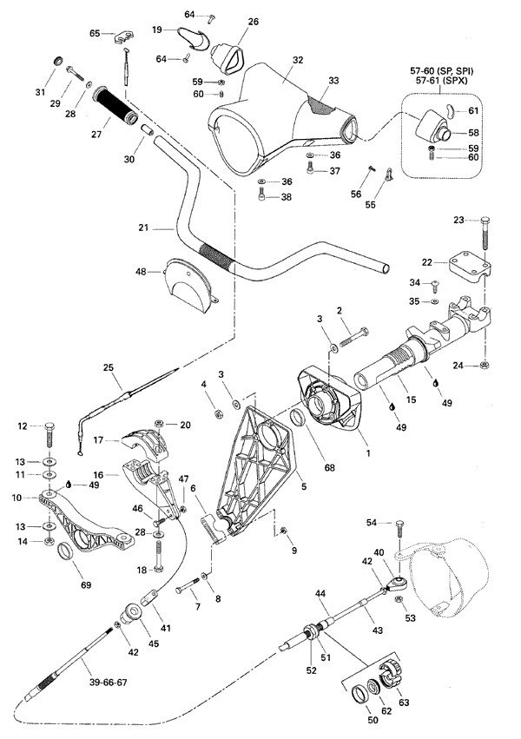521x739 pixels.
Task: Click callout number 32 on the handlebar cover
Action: [x=298, y=61]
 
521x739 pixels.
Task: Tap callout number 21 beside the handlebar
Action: [x=144, y=228]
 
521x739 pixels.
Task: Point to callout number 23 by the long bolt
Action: [x=460, y=220]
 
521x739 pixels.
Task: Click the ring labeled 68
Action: [x=295, y=420]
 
